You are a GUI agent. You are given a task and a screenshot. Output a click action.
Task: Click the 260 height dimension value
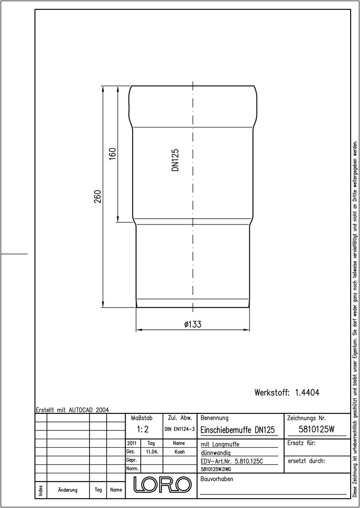click(98, 196)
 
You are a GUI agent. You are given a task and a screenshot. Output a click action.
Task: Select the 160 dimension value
click(112, 155)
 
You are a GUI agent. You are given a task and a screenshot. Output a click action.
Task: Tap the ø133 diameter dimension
click(193, 324)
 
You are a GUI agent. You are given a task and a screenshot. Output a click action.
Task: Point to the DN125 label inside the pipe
click(176, 160)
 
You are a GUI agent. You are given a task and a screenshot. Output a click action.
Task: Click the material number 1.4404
click(307, 393)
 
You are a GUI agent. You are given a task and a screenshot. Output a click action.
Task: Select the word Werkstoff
click(272, 393)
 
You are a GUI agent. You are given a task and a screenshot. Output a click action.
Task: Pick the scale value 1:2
click(143, 429)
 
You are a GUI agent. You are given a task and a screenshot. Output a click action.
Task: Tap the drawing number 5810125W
click(316, 429)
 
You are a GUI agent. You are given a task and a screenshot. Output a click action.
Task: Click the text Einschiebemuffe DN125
click(238, 430)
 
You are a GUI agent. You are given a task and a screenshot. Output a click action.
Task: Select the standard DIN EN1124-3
click(179, 429)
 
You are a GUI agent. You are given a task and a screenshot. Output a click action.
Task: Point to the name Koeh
click(179, 452)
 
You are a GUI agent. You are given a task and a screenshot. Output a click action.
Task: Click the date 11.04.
click(152, 452)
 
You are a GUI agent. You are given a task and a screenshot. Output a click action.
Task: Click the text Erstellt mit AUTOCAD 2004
click(72, 410)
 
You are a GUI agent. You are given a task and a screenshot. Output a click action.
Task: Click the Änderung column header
click(68, 490)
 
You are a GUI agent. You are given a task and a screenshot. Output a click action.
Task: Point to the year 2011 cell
click(132, 443)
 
